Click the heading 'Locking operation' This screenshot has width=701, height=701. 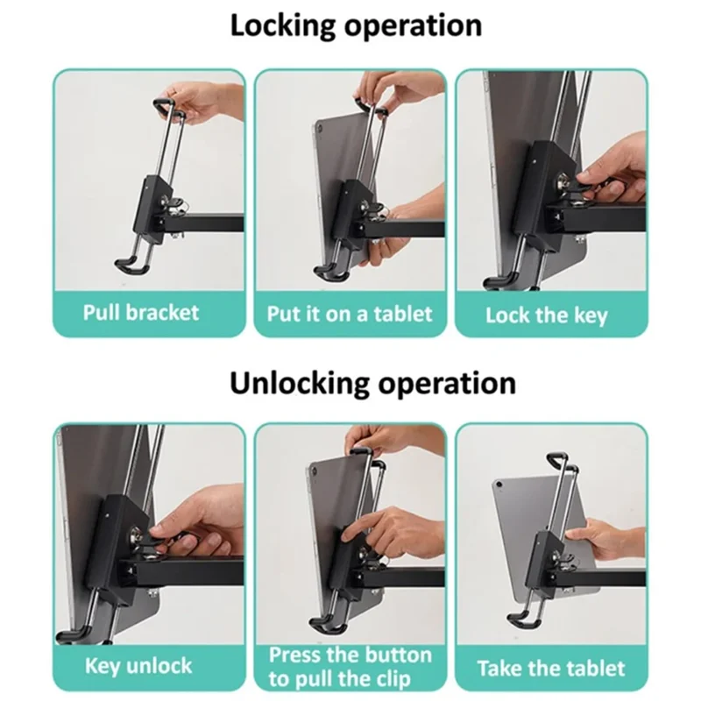pyautogui.click(x=356, y=25)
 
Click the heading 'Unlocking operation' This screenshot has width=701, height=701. pyautogui.click(x=372, y=382)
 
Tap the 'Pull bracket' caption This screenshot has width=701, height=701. pyautogui.click(x=141, y=313)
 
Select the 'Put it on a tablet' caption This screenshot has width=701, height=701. pyautogui.click(x=350, y=314)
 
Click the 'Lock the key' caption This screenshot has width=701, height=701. pyautogui.click(x=546, y=315)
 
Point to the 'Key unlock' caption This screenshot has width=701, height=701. pyautogui.click(x=138, y=665)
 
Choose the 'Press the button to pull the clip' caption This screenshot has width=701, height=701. pyautogui.click(x=350, y=667)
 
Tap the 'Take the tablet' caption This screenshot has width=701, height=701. pyautogui.click(x=552, y=669)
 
